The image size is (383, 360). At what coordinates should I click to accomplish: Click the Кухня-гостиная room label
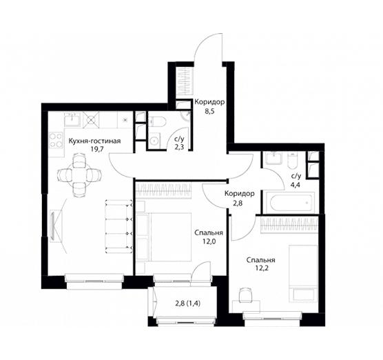[x=94, y=141]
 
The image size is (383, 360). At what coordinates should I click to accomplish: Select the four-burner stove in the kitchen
[x=56, y=141]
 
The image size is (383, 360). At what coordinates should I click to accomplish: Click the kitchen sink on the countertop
[x=72, y=119]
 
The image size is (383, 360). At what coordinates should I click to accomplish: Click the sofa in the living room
[x=119, y=226]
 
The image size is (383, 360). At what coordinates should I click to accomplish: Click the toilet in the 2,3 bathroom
[x=157, y=121]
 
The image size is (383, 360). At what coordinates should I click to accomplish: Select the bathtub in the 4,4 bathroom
[x=290, y=203]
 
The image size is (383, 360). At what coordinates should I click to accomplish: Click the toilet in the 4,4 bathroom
[x=292, y=160]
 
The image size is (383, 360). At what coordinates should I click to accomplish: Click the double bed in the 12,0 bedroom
[x=164, y=237]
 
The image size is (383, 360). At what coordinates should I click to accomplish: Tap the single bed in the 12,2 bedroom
[x=303, y=272]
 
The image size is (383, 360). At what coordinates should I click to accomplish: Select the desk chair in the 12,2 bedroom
[x=245, y=295]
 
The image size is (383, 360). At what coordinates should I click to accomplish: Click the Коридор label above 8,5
[x=209, y=102]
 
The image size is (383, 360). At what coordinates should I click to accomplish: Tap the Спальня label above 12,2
[x=261, y=260]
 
